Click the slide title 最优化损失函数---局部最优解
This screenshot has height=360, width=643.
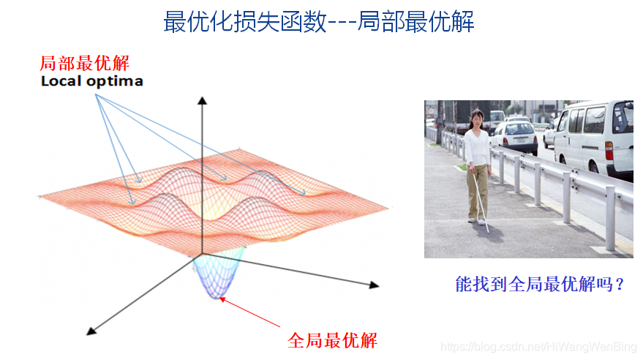(x=319, y=21)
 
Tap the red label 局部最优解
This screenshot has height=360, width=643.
(x=84, y=63)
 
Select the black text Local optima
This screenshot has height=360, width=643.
(x=92, y=81)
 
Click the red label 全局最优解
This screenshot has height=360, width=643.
(x=332, y=340)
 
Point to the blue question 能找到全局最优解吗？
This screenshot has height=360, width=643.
(x=540, y=284)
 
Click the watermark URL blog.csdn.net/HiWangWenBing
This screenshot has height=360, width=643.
(x=538, y=347)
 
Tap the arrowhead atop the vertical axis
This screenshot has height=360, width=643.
(x=202, y=100)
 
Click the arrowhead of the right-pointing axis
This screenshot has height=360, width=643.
(x=374, y=285)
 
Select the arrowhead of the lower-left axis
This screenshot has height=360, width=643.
(x=91, y=331)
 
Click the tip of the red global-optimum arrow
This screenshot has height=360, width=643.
(x=220, y=299)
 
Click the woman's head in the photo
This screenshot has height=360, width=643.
(x=476, y=118)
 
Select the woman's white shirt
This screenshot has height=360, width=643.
(x=477, y=147)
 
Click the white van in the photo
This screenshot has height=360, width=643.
(x=593, y=138)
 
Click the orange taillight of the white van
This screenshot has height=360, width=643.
(x=609, y=151)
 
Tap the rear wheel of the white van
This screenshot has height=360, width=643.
(x=593, y=167)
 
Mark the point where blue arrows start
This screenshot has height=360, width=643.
(x=97, y=94)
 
